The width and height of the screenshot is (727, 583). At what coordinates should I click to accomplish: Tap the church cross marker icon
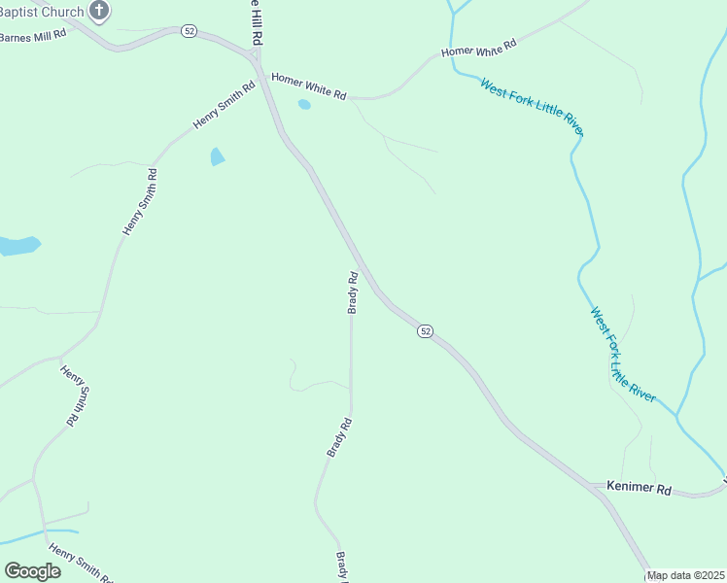point(99,11)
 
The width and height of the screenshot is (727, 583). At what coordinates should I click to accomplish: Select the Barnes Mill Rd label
point(33,33)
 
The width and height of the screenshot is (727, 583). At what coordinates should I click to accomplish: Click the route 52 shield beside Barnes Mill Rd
point(189,31)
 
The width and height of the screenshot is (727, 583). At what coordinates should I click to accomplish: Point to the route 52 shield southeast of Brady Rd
point(425,331)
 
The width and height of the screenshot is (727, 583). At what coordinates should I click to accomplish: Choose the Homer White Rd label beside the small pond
point(309,86)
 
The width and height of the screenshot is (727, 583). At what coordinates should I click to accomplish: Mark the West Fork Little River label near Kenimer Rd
point(623,356)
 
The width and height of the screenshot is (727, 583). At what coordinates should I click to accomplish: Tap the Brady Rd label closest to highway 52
point(354,291)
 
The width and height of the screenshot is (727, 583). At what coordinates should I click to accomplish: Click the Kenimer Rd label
point(639,488)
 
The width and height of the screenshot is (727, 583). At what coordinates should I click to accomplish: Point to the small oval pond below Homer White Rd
point(304,104)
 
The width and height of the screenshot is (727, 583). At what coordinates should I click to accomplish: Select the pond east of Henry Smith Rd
point(217,156)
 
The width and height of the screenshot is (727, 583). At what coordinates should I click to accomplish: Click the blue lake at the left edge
point(17,245)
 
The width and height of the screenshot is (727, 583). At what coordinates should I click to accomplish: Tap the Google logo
point(32,571)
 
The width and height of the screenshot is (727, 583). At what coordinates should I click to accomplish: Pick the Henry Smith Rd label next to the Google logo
point(81,564)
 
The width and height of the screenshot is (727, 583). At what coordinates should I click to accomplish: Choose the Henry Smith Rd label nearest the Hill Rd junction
point(224,104)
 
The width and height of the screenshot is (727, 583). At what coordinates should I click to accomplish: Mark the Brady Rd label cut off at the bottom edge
point(341,566)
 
